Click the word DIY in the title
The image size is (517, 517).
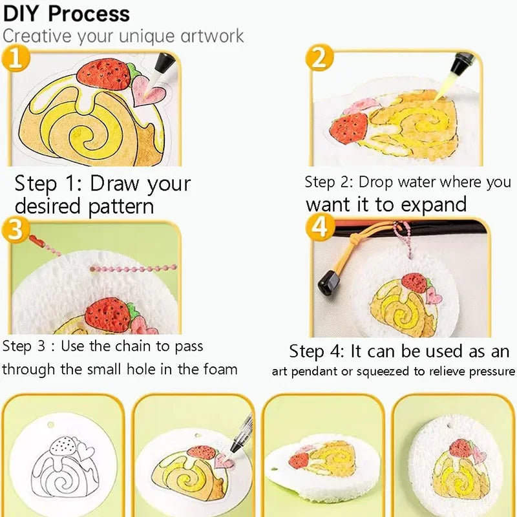(x=22, y=13)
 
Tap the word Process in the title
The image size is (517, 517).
(x=89, y=13)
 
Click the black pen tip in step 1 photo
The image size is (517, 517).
(x=165, y=63)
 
